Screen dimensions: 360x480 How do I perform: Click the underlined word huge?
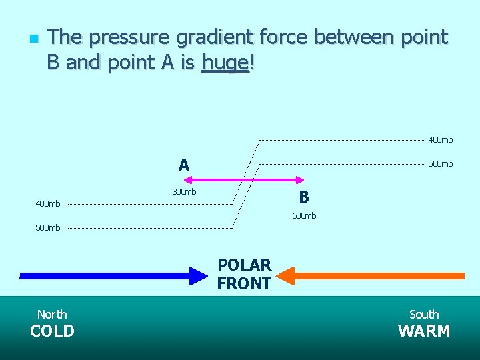click(x=225, y=63)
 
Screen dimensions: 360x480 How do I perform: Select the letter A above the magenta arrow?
click(x=184, y=165)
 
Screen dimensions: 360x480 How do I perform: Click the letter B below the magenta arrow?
click(x=304, y=197)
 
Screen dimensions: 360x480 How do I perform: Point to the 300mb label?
click(x=184, y=192)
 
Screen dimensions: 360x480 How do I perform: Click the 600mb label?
click(x=304, y=215)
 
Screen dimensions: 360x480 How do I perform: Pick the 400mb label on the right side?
click(x=441, y=140)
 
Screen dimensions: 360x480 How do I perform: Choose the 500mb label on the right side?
click(x=441, y=164)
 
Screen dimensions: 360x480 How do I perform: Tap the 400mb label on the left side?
click(x=47, y=203)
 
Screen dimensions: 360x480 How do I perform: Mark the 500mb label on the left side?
click(x=47, y=228)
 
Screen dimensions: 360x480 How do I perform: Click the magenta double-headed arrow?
click(x=244, y=179)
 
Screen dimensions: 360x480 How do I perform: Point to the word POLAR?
click(x=244, y=265)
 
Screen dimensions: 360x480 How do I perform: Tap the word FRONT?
click(x=244, y=284)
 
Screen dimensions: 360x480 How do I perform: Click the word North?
click(x=52, y=314)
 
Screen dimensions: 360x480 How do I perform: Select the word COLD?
click(x=52, y=331)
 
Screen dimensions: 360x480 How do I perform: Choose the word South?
click(x=424, y=314)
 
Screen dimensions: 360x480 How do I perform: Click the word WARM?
click(x=424, y=331)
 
